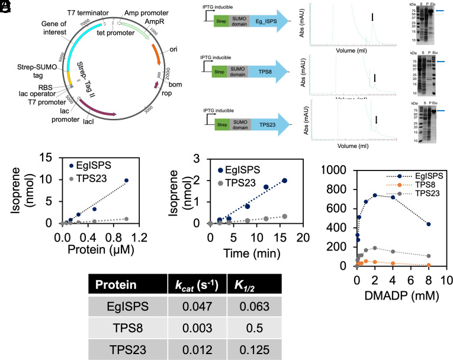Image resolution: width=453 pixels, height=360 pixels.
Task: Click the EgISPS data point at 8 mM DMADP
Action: coord(428,224)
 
